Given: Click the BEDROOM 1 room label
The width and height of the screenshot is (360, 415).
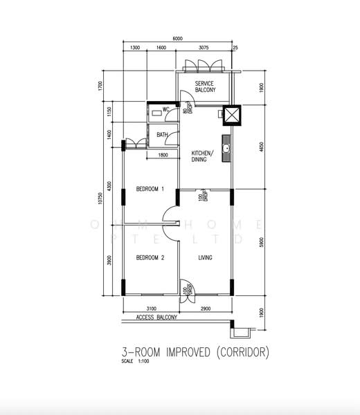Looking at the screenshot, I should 150,189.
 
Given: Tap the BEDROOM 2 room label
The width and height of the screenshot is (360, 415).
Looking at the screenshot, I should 150,258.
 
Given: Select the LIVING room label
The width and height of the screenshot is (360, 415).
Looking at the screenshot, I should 205,258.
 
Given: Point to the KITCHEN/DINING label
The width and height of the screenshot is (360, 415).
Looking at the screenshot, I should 203,156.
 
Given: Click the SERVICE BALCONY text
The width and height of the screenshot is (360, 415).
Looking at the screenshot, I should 206,86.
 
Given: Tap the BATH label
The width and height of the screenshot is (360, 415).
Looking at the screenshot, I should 162,135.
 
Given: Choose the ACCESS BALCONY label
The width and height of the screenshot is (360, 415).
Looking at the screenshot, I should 156,317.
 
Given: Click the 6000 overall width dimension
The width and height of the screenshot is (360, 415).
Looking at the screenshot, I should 179,39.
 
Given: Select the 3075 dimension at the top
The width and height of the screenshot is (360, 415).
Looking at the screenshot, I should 204,48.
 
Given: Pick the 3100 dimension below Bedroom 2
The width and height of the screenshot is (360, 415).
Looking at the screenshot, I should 151,308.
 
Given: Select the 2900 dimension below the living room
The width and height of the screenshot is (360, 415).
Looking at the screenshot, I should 206,308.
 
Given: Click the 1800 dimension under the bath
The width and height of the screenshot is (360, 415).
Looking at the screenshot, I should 163,155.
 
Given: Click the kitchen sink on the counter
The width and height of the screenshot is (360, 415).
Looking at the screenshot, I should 226,147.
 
